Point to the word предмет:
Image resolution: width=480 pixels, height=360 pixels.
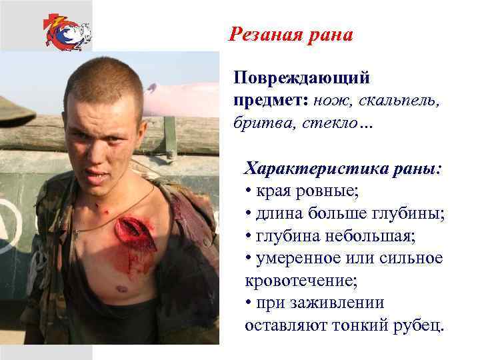point(270,101)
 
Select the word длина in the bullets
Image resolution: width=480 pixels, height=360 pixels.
point(279,213)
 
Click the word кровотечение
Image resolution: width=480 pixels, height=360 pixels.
point(301,281)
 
